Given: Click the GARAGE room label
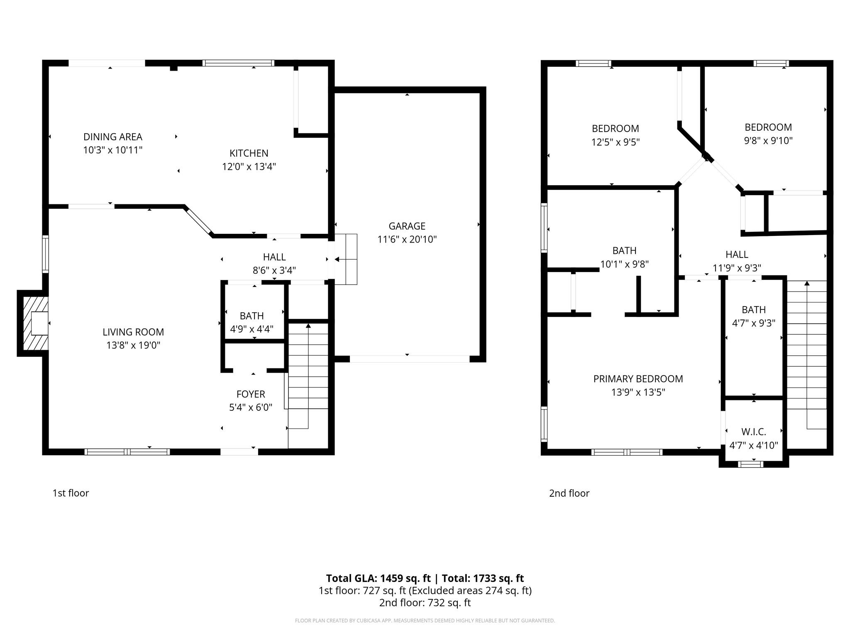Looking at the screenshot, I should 407,226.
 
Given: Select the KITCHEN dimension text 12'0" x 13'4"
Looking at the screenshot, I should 249,167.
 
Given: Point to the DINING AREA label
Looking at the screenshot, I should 112,137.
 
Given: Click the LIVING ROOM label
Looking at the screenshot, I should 133,332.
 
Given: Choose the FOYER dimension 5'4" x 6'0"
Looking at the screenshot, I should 251,407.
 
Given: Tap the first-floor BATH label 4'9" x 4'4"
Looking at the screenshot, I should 252,316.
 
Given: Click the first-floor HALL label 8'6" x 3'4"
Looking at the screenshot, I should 274,257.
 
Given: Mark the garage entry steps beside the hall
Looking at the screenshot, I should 346,259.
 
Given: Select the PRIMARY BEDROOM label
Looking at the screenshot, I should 638,379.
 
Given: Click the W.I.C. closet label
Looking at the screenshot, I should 753,432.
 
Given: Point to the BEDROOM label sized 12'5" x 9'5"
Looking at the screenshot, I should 615,128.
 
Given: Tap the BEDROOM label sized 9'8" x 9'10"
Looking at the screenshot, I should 768,127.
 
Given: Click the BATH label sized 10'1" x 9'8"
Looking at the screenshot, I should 624,250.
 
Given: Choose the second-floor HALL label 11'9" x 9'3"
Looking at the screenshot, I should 737,254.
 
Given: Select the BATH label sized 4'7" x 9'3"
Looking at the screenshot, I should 753,309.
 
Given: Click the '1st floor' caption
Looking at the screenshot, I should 71,493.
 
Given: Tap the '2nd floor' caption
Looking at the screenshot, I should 569,493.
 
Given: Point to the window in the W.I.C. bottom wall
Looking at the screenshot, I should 750,464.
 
